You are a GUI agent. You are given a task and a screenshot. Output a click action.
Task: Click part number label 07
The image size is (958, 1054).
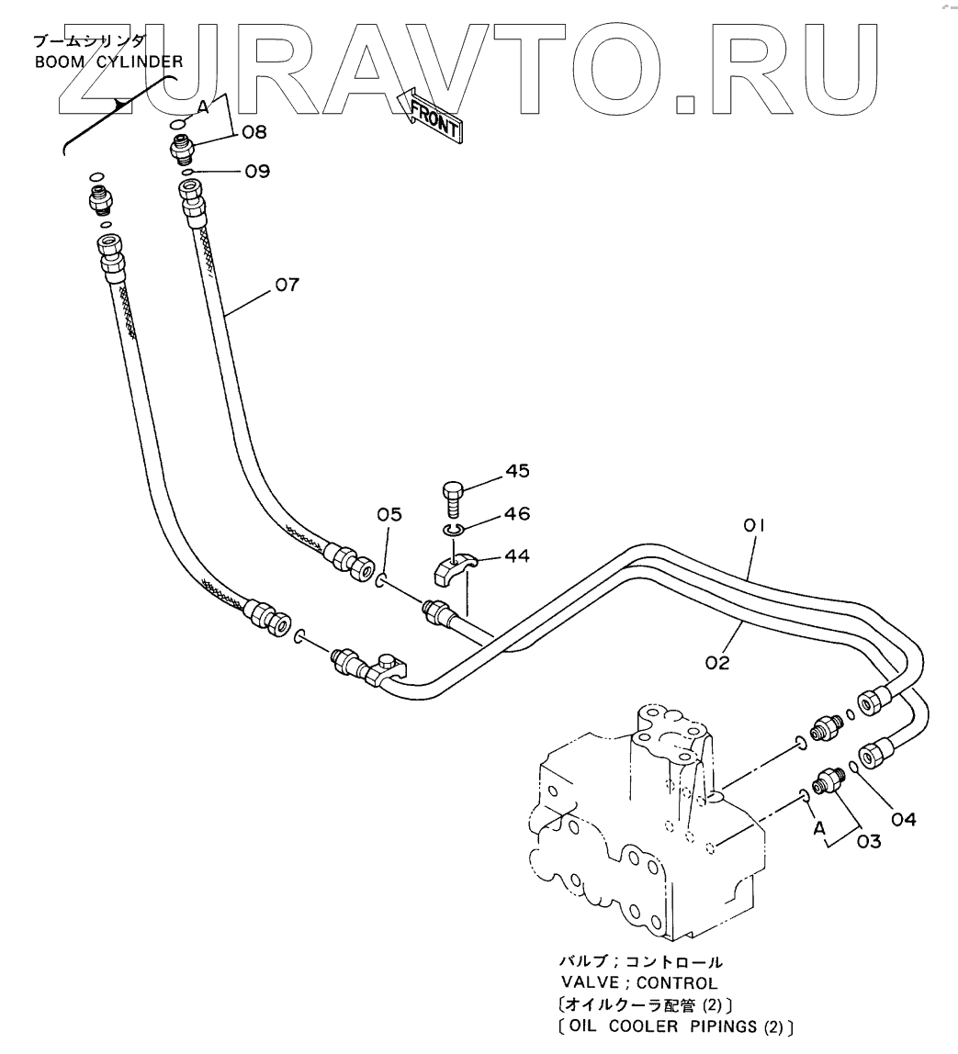tap(286, 285)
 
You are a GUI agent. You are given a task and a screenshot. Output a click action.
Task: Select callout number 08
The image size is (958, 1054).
tap(254, 132)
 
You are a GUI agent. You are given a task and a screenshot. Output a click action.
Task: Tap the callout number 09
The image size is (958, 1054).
tap(256, 171)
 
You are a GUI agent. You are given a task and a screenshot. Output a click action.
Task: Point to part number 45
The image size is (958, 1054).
tap(517, 472)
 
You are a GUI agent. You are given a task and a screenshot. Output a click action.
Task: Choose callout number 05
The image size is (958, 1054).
tap(389, 515)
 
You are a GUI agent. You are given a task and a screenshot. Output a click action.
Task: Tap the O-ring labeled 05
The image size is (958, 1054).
tap(380, 579)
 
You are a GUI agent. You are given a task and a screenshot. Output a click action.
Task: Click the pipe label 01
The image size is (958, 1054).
tap(754, 526)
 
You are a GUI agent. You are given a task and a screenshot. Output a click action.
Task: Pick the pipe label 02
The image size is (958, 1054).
tap(717, 662)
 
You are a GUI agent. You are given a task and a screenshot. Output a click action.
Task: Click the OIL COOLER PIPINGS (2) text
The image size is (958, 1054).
tap(678, 1025)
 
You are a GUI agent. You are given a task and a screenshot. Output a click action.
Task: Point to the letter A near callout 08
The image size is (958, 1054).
tap(203, 107)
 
